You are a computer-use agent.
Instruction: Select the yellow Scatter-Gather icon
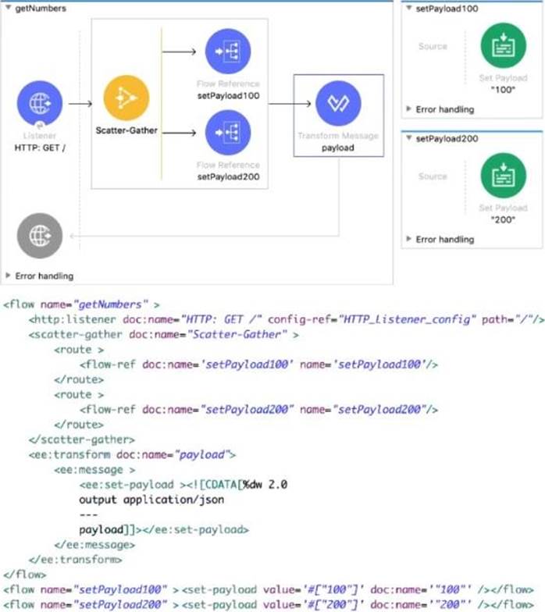(125, 98)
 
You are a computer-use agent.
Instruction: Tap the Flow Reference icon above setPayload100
(227, 52)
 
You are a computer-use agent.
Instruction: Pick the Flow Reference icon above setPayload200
(227, 133)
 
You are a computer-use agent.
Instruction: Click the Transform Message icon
(338, 104)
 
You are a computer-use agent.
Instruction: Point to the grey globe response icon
(39, 235)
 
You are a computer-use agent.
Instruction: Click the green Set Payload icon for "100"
(503, 46)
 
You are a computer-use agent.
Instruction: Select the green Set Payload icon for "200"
(503, 176)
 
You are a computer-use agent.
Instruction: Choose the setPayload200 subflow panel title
(447, 139)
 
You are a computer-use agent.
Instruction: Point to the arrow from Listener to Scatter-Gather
(80, 102)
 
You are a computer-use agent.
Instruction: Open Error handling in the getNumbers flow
(44, 276)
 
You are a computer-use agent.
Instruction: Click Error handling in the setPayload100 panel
(444, 109)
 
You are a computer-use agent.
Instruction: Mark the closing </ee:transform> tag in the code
(75, 559)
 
